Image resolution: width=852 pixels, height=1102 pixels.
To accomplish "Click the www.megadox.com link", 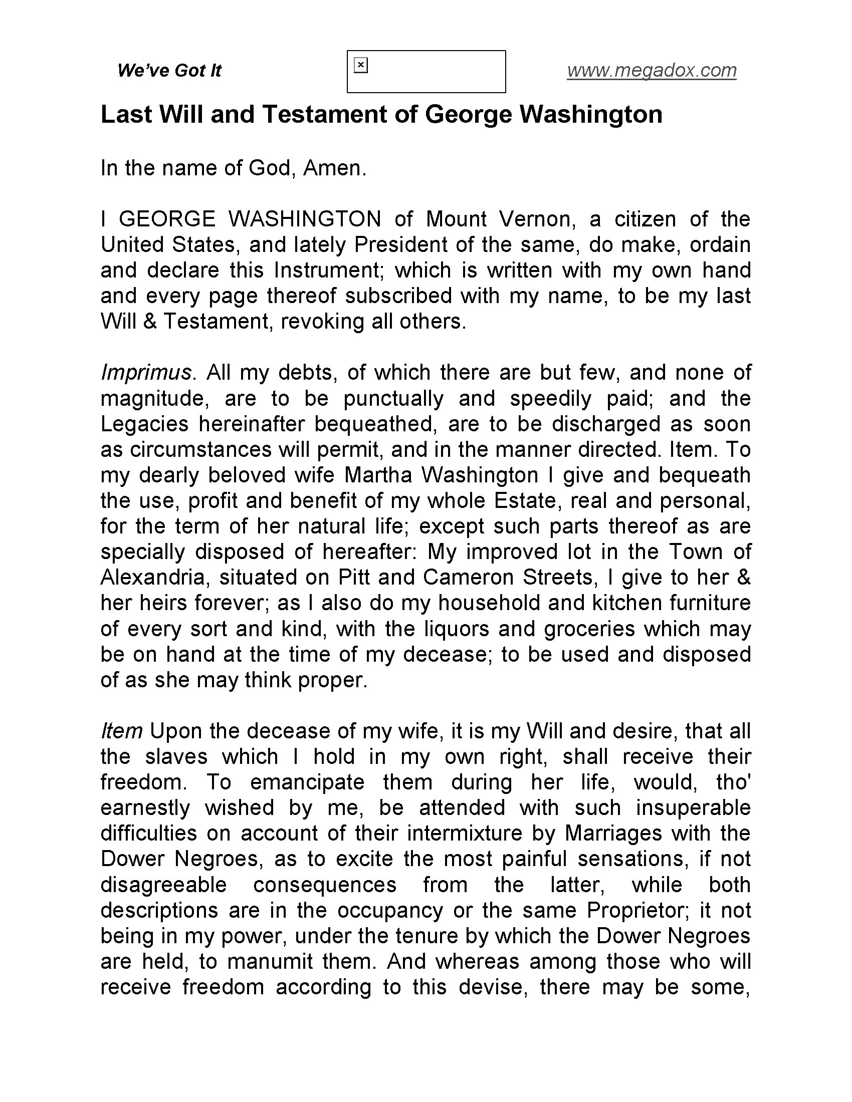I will coord(651,71).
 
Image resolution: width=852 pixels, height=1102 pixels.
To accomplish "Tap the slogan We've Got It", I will coord(169,71).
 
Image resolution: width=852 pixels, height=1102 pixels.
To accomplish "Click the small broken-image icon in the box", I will coord(361,66).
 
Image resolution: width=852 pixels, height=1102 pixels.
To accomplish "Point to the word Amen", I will coord(334,168).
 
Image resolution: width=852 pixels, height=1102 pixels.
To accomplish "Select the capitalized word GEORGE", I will coord(167,219).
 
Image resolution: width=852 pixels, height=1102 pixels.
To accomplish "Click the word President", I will coord(402,245).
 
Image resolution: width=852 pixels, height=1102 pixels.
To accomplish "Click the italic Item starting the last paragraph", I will coord(122,731).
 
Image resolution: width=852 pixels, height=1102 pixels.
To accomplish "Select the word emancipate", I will coord(307,782).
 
